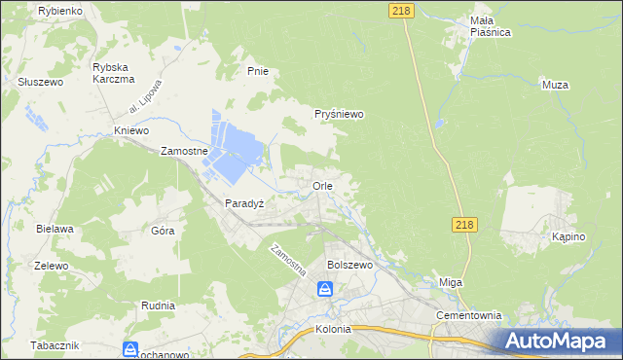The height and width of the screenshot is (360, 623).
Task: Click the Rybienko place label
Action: [x=60, y=10]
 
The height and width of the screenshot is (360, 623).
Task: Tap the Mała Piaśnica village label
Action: [x=462, y=25]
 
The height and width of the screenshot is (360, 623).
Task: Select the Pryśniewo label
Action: [x=339, y=114]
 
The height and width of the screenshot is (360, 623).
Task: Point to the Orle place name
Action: [x=323, y=185]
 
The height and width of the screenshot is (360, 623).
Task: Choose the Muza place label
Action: [x=554, y=85]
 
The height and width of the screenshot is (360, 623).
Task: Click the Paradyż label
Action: [x=244, y=203]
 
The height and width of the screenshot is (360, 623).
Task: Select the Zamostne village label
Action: [x=185, y=152]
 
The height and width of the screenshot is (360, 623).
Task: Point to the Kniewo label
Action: [x=131, y=130]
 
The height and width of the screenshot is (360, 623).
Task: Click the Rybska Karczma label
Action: [x=111, y=73]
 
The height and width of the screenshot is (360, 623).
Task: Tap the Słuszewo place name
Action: [x=41, y=83]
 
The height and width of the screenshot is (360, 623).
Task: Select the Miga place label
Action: [x=451, y=282]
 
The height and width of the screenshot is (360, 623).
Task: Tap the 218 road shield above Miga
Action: [x=464, y=225]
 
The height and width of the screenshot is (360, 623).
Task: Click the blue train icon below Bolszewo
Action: [x=325, y=289]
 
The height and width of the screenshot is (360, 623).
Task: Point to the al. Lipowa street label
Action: [x=143, y=104]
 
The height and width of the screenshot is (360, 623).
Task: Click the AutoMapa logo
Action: [x=558, y=341]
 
